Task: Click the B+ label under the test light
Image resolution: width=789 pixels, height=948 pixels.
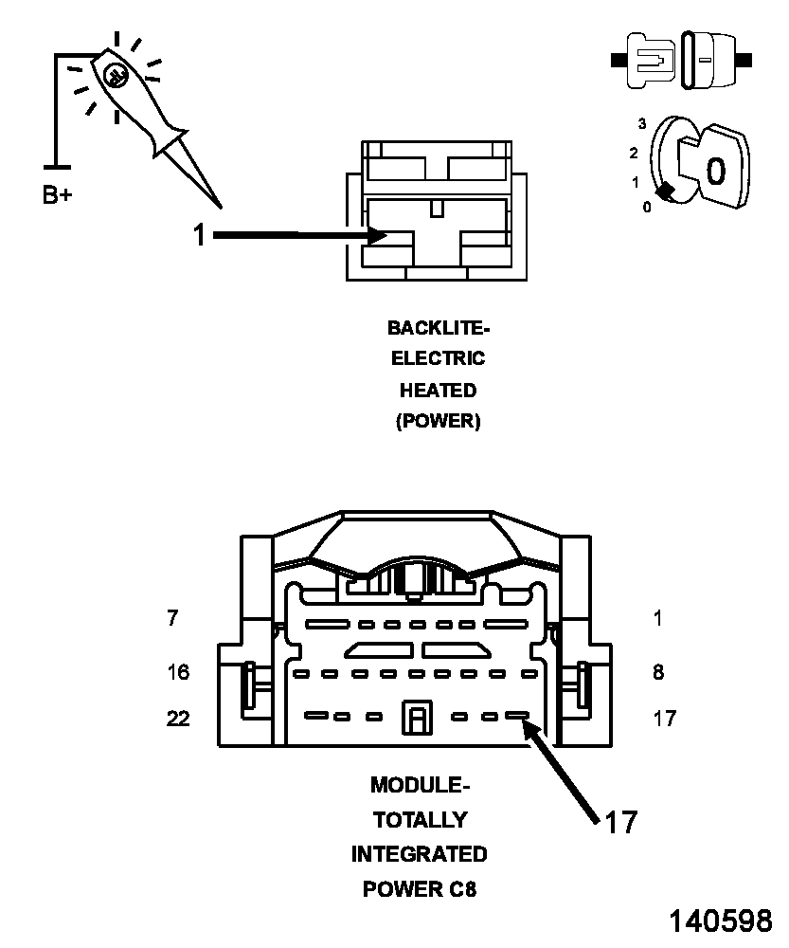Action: (x=57, y=195)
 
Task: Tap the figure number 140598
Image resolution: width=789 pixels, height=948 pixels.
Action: (x=721, y=921)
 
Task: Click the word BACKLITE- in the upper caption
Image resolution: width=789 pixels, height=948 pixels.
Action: (x=439, y=328)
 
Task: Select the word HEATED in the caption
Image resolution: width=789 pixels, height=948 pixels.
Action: (x=438, y=390)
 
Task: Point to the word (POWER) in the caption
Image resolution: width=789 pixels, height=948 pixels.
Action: (x=438, y=421)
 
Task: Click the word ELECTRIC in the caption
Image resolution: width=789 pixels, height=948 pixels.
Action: (x=438, y=358)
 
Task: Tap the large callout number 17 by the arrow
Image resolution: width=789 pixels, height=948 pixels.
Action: (x=620, y=822)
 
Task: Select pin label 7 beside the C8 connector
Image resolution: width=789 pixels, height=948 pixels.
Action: (x=172, y=619)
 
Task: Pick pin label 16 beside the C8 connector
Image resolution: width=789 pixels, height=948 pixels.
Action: (x=178, y=673)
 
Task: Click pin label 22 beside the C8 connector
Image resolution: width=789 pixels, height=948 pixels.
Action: (x=178, y=719)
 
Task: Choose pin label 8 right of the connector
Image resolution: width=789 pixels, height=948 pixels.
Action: (x=658, y=673)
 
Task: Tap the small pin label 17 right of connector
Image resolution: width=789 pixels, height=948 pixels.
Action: (x=665, y=719)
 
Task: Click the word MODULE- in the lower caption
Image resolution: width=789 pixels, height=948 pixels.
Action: (x=420, y=785)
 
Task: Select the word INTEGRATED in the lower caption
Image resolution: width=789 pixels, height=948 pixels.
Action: (x=420, y=854)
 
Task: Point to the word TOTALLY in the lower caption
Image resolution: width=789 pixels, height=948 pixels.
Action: (x=420, y=820)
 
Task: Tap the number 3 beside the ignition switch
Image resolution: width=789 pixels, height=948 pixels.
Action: (x=642, y=124)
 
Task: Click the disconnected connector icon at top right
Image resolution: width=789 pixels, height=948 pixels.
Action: (x=682, y=60)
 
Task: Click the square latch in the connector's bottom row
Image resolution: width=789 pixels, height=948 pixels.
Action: (x=415, y=718)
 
